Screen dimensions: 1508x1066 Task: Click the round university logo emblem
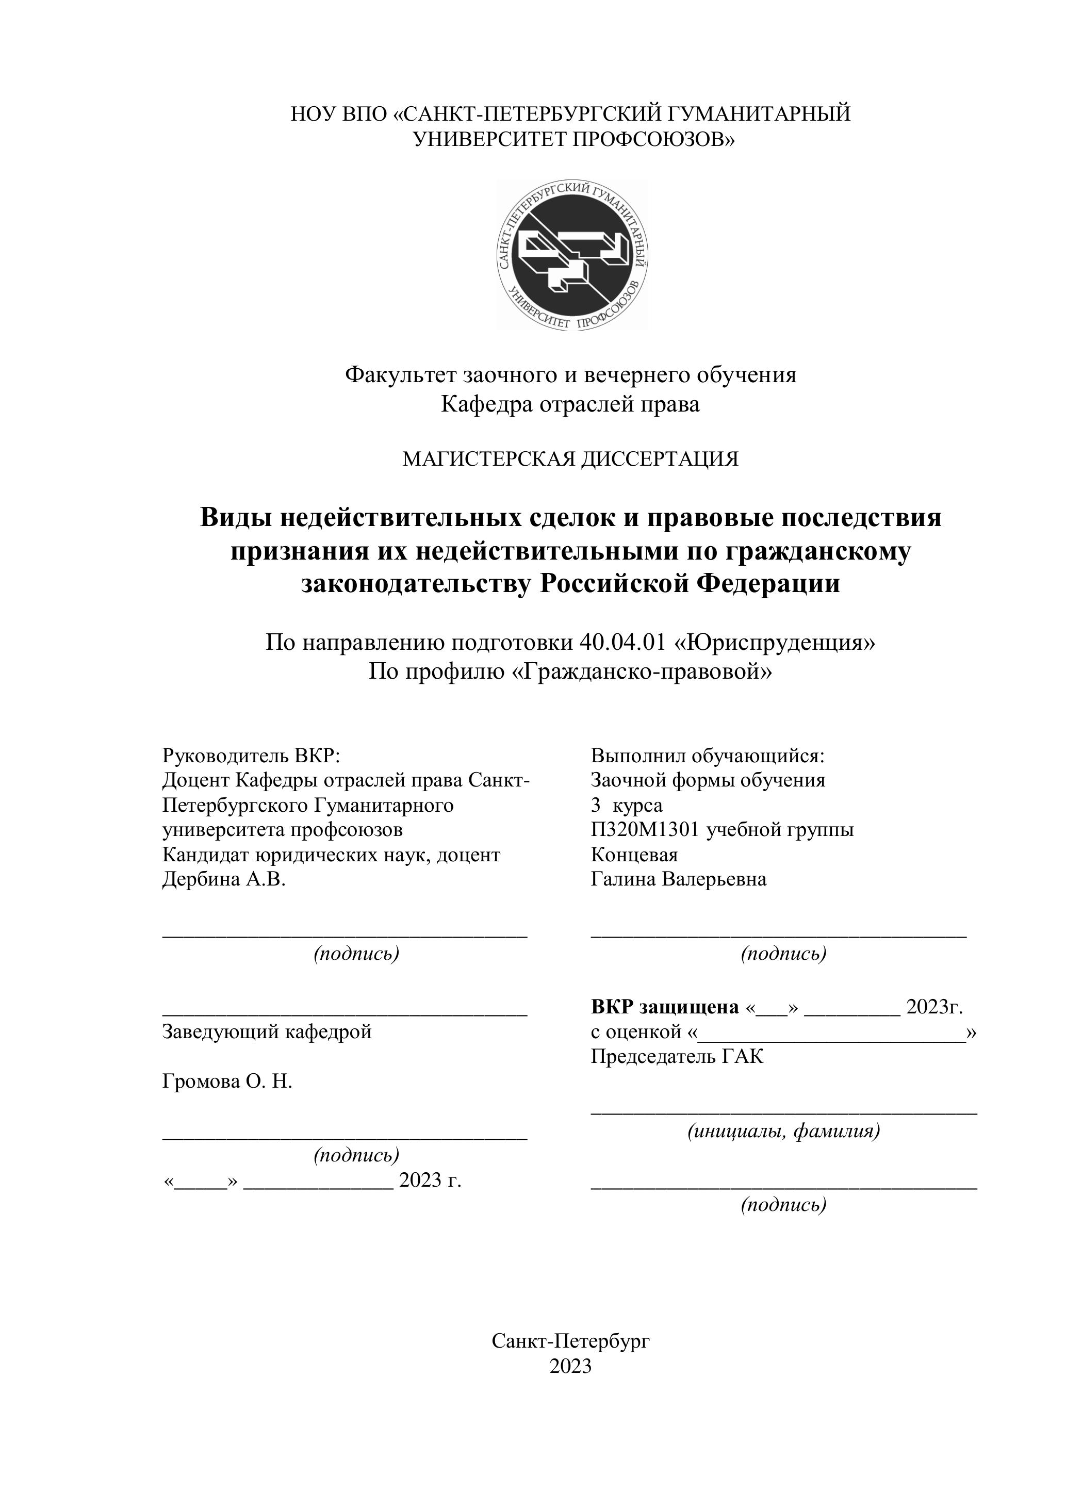pos(572,255)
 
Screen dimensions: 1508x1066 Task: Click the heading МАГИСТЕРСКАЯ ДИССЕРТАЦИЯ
pos(570,458)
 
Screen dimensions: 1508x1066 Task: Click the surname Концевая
pos(634,855)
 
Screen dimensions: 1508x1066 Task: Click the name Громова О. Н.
pos(227,1081)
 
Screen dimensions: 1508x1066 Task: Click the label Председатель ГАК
pos(677,1056)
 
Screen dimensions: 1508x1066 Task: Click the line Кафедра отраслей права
pos(570,404)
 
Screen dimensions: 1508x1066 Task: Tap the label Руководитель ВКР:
pos(251,756)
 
